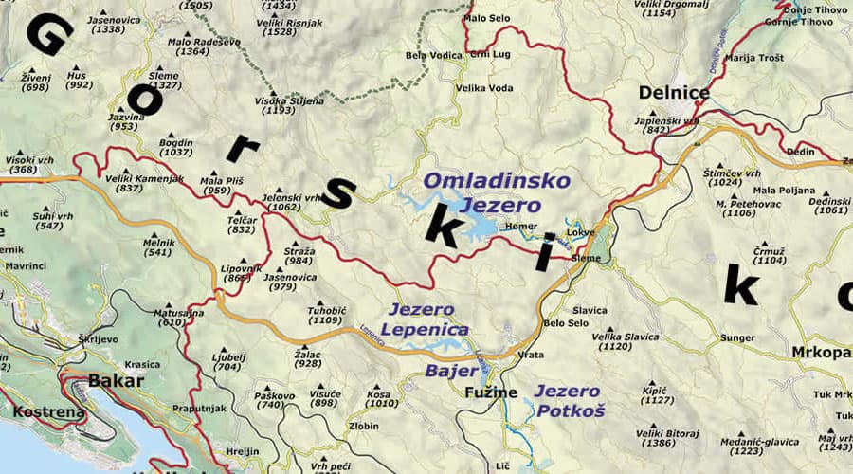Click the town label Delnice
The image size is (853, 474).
pos(674,92)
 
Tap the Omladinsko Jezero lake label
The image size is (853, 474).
pos(497,192)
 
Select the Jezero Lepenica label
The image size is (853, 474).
pos(426,319)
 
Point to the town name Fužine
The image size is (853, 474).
pos(491,392)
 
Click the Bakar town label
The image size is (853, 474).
pos(116,381)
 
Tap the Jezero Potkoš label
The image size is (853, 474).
pos(569,400)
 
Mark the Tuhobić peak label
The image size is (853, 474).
pos(325,310)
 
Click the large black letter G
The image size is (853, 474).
pos(48,36)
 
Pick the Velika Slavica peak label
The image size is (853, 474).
pos(625,336)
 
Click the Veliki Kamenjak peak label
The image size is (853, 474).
pos(144,177)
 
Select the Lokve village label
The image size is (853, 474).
pos(580,232)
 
